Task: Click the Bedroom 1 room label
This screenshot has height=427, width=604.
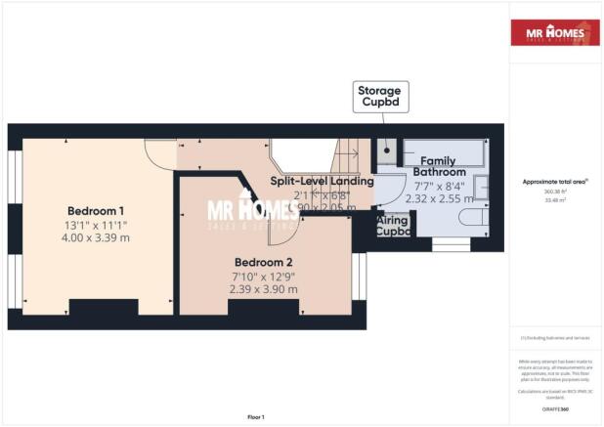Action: pyautogui.click(x=96, y=211)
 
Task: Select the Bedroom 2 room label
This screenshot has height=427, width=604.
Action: pyautogui.click(x=263, y=262)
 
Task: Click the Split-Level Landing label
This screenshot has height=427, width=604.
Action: pyautogui.click(x=323, y=181)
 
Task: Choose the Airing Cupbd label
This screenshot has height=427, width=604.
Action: pyautogui.click(x=393, y=227)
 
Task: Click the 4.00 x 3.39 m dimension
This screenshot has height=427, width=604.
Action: pyautogui.click(x=96, y=237)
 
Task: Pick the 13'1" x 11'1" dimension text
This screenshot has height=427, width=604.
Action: pyautogui.click(x=96, y=225)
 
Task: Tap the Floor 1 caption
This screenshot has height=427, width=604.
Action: pyautogui.click(x=256, y=417)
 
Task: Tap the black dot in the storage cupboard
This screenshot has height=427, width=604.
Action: pyautogui.click(x=388, y=151)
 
